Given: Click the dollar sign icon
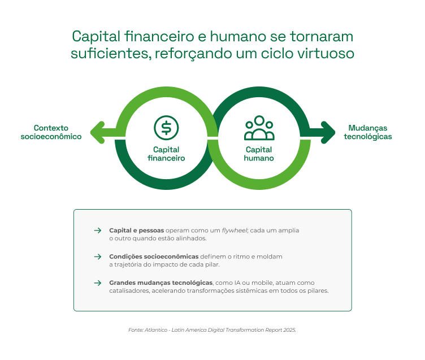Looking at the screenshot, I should pos(166,127).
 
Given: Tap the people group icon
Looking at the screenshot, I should pos(259,128).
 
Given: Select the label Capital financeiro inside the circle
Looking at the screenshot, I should pos(166,154).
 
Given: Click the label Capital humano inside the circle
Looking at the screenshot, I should pos(259,154).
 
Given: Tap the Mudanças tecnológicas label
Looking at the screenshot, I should pos(368,132).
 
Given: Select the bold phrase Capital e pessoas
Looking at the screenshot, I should pos(136,231).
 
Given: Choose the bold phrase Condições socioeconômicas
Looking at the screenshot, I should pos(154,257).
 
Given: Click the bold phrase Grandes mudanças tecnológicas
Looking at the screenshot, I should pos(161,283).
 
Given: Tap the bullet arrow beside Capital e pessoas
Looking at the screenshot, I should pos(97,231).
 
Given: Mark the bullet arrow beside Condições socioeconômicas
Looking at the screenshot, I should pos(97,257).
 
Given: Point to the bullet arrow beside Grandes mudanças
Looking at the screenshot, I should pos(97,283).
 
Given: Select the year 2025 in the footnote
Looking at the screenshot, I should pos(288,329).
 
